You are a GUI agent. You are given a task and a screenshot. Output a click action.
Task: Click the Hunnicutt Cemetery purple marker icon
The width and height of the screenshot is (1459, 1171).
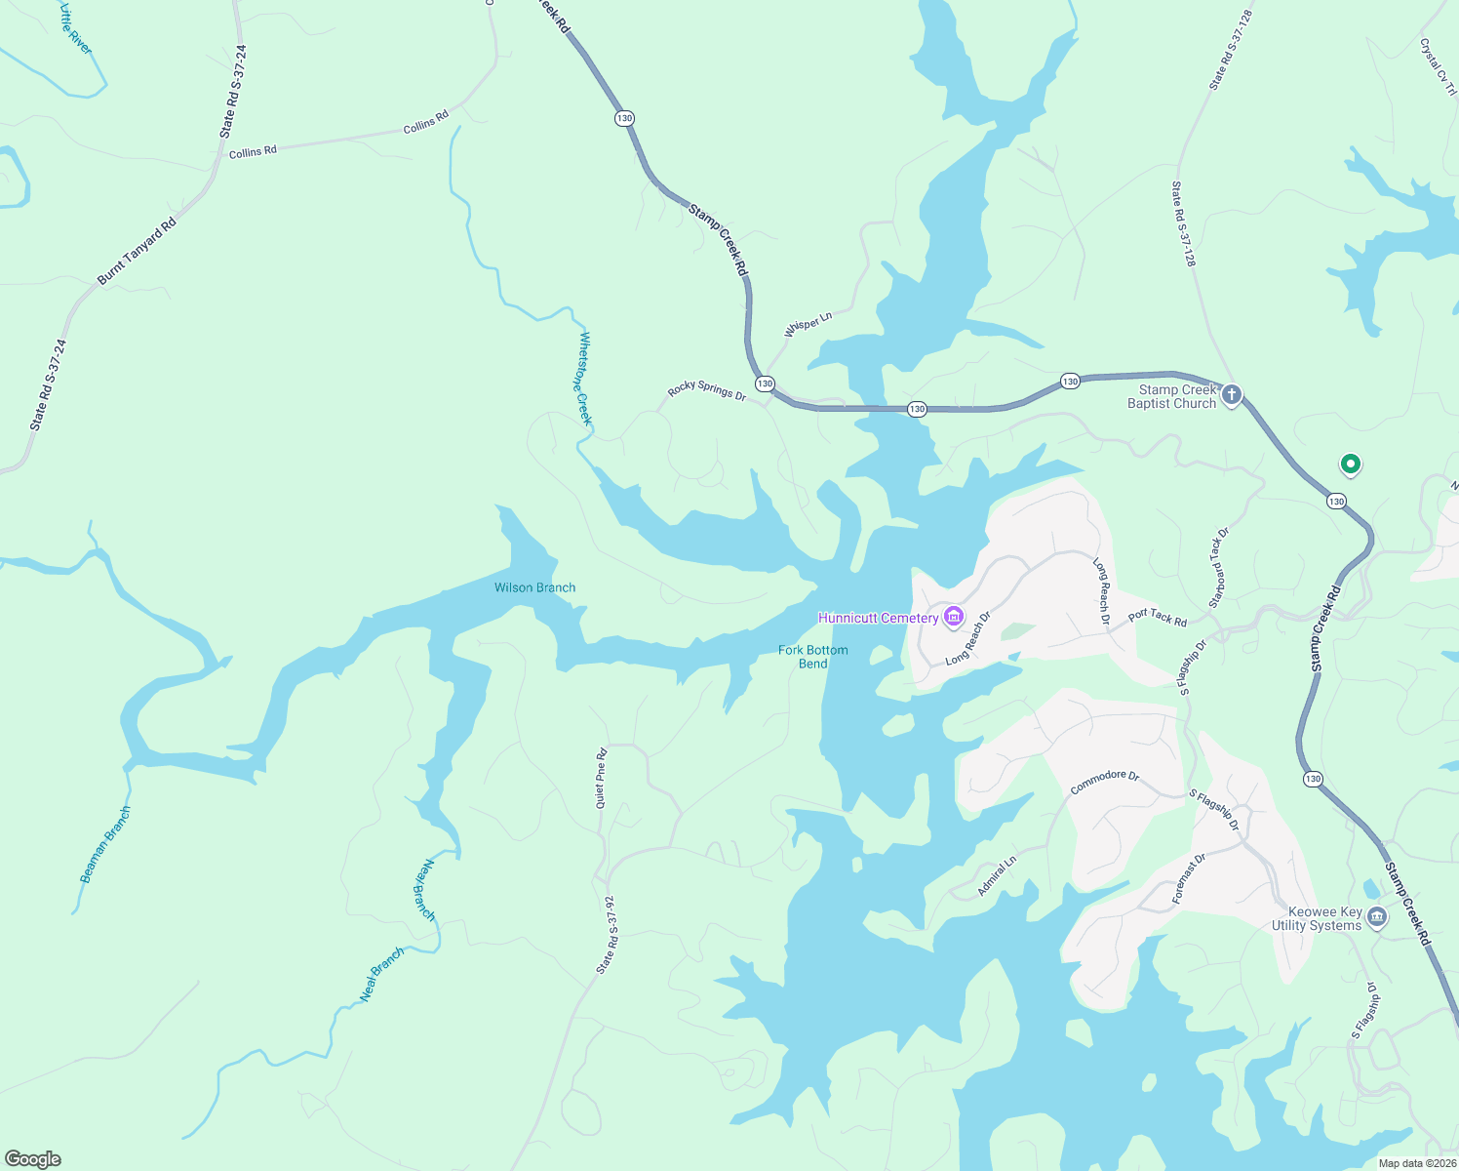coord(954,617)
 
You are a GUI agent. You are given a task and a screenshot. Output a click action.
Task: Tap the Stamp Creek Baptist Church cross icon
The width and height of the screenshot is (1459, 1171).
coord(1232,395)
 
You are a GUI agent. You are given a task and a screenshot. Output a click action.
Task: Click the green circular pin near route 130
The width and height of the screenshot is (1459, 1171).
coord(1350,464)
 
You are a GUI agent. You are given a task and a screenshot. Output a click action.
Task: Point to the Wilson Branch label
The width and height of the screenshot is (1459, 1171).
coord(534,587)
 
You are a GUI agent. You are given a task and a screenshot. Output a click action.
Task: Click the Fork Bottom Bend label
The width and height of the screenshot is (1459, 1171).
coord(813,657)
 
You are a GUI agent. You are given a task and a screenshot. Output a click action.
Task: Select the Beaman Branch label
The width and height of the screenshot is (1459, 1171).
coord(105,845)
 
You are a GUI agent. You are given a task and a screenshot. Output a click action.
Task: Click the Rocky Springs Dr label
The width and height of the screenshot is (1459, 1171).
coord(707,391)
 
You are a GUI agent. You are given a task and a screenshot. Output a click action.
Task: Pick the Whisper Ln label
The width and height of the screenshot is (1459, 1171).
coord(808,324)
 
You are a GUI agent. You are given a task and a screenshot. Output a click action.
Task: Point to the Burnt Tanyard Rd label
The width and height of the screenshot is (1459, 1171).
coord(137,252)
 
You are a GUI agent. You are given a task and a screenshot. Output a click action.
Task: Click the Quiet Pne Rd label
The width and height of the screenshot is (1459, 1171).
coord(602,778)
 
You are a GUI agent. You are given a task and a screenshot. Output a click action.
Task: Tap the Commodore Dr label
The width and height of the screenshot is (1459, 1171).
coord(1104,782)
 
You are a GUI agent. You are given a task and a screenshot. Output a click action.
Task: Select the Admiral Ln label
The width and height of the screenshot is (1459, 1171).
coord(997,876)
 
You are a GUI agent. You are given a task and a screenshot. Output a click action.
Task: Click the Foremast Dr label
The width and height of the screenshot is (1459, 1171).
coord(1189,877)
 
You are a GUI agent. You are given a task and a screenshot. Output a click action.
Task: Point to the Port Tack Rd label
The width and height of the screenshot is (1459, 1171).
coord(1158,617)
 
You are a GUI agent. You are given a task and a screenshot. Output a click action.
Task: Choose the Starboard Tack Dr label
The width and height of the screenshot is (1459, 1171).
coord(1219,568)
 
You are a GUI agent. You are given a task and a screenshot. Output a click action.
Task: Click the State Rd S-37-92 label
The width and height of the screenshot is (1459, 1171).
coord(607,935)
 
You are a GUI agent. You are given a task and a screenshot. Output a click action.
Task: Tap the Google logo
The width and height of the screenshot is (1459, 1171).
coord(33,1159)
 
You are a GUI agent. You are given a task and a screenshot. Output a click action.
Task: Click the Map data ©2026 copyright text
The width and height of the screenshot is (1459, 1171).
coord(1416,1163)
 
